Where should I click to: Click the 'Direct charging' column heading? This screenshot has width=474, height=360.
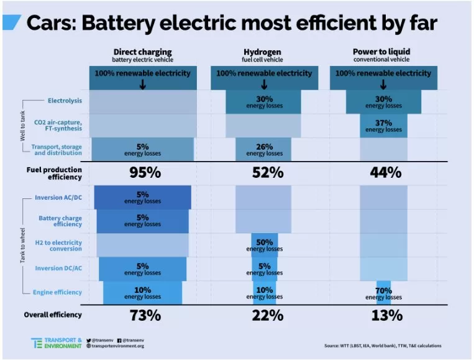tap(142, 52)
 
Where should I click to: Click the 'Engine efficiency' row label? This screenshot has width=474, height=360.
tap(60, 292)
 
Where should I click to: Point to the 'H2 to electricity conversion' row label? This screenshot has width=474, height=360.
tap(60, 245)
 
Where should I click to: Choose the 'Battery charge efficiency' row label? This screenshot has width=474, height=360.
tap(60, 221)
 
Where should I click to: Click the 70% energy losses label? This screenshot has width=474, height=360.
tap(383, 293)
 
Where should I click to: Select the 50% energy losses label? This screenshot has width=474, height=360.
tap(264, 245)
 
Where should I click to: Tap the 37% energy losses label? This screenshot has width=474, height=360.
tap(383, 126)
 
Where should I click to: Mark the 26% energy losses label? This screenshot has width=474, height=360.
tap(264, 149)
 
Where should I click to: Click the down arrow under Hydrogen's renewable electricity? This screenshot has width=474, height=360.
tap(264, 85)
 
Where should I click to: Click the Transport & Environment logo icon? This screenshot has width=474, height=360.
tap(37, 343)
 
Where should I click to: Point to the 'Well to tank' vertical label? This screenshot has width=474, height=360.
tap(23, 126)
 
